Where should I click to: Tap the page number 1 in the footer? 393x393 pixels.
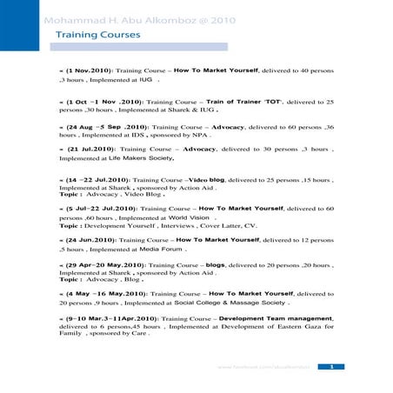pos(331,367)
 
